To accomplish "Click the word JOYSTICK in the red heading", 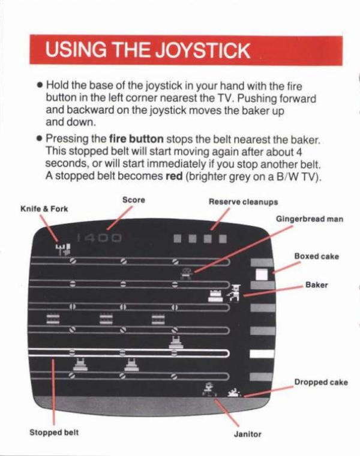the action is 202,50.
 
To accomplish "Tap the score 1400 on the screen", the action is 99,238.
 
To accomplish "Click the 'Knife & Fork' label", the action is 44,209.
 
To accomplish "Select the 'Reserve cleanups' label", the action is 243,202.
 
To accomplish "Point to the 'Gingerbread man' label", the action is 310,218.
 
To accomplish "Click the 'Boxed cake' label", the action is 317,256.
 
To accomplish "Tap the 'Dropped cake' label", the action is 321,382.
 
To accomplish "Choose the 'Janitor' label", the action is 247,434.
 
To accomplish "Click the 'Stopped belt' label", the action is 54,432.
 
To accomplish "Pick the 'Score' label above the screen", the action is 133,200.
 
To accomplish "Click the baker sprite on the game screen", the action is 234,293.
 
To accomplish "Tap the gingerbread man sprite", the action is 186,274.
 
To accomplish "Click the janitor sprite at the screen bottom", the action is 209,389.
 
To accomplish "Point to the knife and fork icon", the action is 63,250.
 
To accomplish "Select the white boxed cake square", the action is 262,274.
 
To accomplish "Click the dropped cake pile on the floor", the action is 234,393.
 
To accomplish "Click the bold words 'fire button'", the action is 136,139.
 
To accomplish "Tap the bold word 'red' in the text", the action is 174,176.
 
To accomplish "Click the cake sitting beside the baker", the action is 215,296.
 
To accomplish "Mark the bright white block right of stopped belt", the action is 262,354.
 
